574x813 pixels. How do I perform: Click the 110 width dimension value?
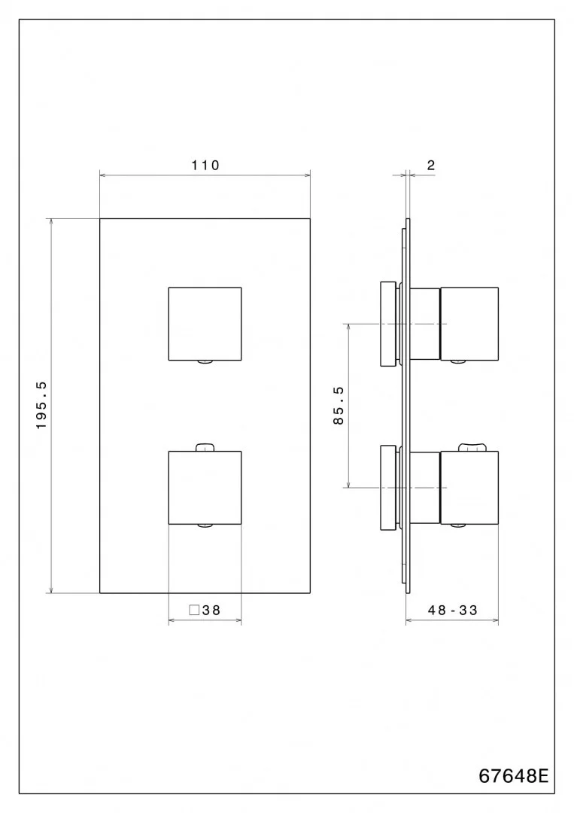click(x=205, y=166)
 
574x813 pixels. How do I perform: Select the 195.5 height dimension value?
click(x=42, y=405)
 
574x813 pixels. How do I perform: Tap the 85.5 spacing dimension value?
click(x=339, y=406)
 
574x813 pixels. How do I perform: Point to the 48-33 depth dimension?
click(x=453, y=611)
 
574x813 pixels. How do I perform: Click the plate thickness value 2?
click(x=431, y=166)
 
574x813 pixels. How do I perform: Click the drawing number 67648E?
click(x=514, y=775)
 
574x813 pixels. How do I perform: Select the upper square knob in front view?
click(x=205, y=323)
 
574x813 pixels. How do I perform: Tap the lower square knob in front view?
click(x=205, y=487)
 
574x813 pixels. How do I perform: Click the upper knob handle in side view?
click(x=469, y=323)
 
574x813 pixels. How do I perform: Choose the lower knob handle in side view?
click(x=469, y=487)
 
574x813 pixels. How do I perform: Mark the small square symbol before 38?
click(x=194, y=611)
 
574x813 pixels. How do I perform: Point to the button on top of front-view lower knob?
click(x=205, y=447)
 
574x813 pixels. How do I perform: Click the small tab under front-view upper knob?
click(x=205, y=362)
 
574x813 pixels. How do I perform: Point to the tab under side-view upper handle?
click(x=458, y=362)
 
